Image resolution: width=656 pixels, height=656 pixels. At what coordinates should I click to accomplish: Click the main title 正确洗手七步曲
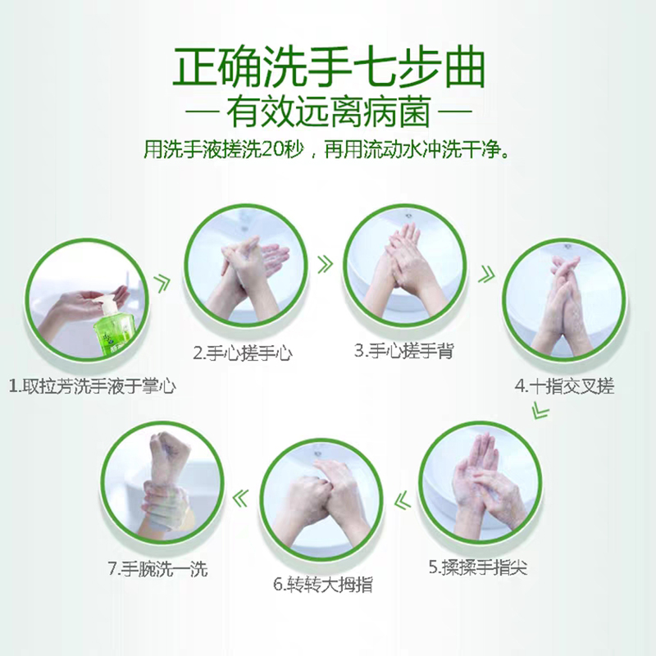(x=329, y=69)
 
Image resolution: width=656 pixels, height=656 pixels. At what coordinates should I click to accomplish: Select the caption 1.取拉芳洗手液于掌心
(x=92, y=385)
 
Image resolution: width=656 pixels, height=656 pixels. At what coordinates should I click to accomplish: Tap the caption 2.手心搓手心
(x=242, y=353)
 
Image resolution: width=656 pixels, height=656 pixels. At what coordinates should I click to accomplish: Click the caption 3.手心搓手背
(x=403, y=351)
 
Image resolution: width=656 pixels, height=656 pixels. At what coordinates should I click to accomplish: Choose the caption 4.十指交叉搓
(x=564, y=385)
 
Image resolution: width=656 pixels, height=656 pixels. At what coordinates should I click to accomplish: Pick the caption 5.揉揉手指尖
(x=478, y=567)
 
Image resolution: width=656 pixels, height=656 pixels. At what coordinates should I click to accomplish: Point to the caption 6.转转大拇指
(x=323, y=585)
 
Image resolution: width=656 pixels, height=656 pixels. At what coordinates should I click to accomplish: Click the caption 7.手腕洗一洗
(x=157, y=569)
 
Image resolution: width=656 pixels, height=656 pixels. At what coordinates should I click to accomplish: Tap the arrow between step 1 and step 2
(x=162, y=283)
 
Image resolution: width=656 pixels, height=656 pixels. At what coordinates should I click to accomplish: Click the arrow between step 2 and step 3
(x=325, y=264)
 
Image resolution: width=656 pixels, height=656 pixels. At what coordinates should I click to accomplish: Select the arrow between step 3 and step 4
(x=486, y=274)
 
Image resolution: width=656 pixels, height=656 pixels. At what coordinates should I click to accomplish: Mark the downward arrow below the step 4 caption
(x=540, y=411)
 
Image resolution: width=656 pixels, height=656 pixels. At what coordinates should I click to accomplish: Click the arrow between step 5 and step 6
(x=402, y=500)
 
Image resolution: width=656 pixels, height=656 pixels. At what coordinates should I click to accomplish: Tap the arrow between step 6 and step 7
(x=240, y=498)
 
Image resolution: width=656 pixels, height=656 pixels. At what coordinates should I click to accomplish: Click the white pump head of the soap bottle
(x=104, y=303)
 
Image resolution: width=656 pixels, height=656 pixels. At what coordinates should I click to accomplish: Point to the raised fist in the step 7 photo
(x=170, y=449)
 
